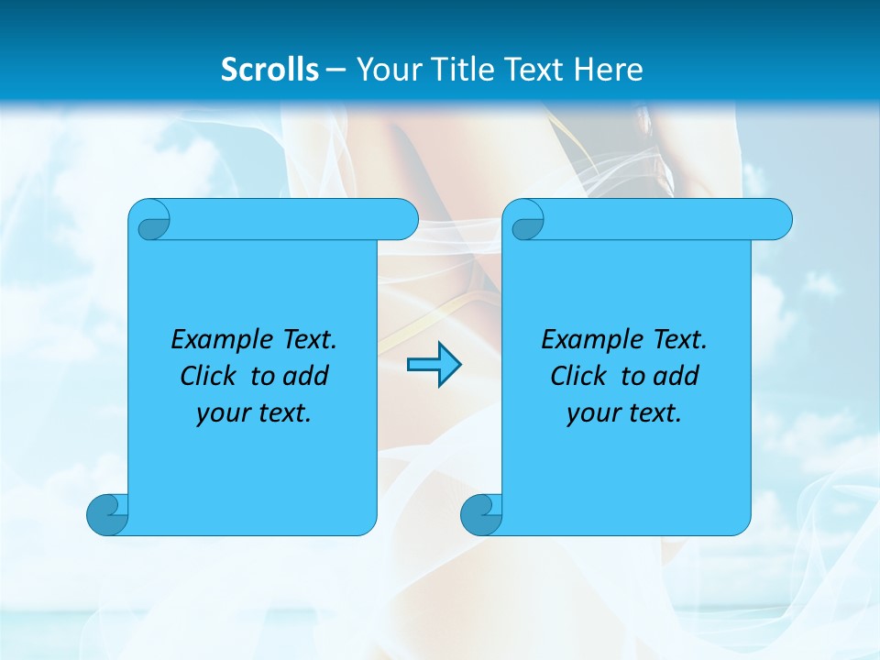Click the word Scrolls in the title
(x=269, y=69)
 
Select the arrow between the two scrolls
(x=434, y=365)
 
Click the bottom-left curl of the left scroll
(x=107, y=514)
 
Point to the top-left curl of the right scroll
(x=526, y=221)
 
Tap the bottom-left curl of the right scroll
(x=481, y=514)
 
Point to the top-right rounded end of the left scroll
(x=403, y=220)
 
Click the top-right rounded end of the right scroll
(x=777, y=220)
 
